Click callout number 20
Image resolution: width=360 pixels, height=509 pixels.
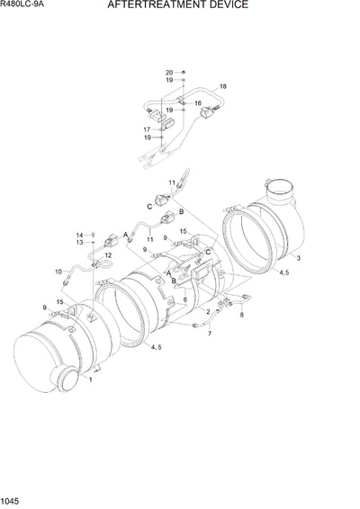pyautogui.click(x=168, y=72)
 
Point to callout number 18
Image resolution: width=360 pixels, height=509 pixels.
pyautogui.click(x=223, y=86)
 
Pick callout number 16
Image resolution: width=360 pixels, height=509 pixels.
pyautogui.click(x=198, y=103)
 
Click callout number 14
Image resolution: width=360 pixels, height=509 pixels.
pyautogui.click(x=79, y=235)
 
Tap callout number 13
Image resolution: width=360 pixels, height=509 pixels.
pyautogui.click(x=79, y=243)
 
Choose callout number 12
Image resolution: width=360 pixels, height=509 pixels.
pyautogui.click(x=108, y=255)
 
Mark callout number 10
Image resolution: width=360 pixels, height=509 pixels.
pyautogui.click(x=58, y=271)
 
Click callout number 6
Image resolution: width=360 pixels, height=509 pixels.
pyautogui.click(x=185, y=299)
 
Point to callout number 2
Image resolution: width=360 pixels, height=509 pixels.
pyautogui.click(x=207, y=311)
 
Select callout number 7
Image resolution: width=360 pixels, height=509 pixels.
pyautogui.click(x=210, y=334)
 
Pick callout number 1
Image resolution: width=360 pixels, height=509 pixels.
pyautogui.click(x=89, y=406)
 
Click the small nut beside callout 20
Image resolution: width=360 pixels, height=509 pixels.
pyautogui.click(x=184, y=72)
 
